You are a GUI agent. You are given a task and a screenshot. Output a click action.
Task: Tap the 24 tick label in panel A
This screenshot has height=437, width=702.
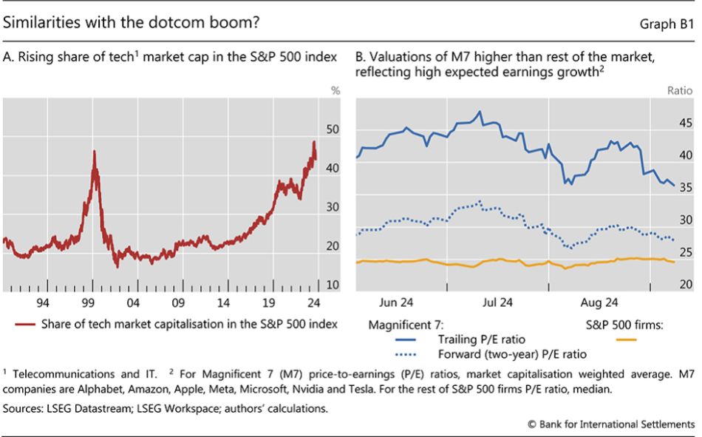click(x=313, y=302)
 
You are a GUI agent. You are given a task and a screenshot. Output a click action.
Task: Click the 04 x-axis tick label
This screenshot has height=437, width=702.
click(x=133, y=302)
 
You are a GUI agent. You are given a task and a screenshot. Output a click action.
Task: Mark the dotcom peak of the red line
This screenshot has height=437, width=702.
click(x=94, y=151)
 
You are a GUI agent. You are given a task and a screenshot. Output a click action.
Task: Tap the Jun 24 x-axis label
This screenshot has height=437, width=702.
click(x=396, y=302)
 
